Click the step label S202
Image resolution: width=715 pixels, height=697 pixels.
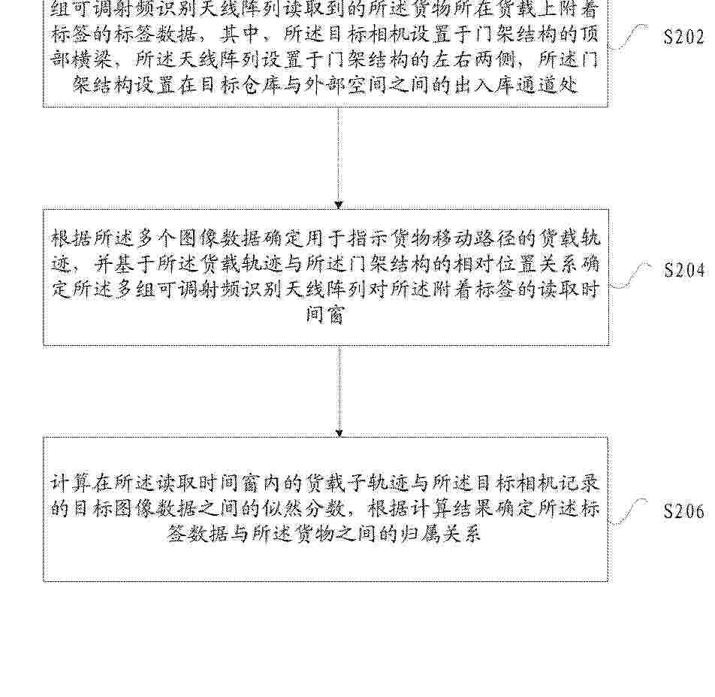point(683,37)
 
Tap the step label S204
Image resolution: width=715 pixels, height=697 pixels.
point(684,271)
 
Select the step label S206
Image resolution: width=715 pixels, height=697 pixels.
point(684,511)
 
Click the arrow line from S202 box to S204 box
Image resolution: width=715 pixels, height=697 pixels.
point(338,158)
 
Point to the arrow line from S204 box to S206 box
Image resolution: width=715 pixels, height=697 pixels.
point(339,391)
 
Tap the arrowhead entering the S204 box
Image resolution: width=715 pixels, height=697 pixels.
point(338,205)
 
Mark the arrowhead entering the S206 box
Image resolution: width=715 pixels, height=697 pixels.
point(339,433)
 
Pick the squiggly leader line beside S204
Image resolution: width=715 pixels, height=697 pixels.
point(632,274)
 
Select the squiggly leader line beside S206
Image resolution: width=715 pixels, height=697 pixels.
point(629,511)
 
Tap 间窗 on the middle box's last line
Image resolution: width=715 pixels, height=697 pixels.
point(324,315)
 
